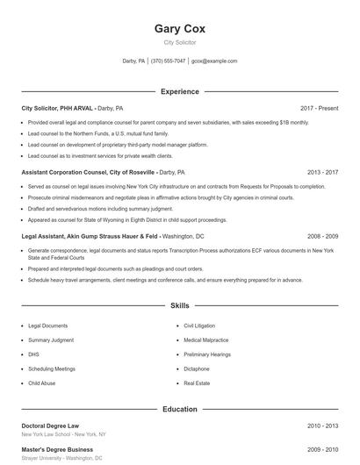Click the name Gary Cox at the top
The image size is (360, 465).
(x=179, y=28)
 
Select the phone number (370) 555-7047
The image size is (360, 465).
(x=168, y=61)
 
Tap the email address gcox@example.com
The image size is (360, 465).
(x=214, y=61)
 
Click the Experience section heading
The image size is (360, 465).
(x=179, y=91)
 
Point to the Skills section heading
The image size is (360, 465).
(x=179, y=306)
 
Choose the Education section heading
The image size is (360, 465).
(x=179, y=409)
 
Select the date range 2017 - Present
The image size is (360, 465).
(x=319, y=108)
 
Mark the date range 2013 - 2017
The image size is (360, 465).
(x=322, y=173)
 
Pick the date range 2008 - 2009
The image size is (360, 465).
(x=322, y=237)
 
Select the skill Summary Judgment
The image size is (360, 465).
(x=51, y=340)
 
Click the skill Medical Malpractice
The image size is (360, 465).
(x=207, y=340)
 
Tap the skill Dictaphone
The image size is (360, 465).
(x=197, y=369)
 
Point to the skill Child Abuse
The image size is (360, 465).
(x=41, y=383)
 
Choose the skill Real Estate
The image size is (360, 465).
(x=196, y=383)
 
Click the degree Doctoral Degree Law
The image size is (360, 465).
(x=50, y=426)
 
